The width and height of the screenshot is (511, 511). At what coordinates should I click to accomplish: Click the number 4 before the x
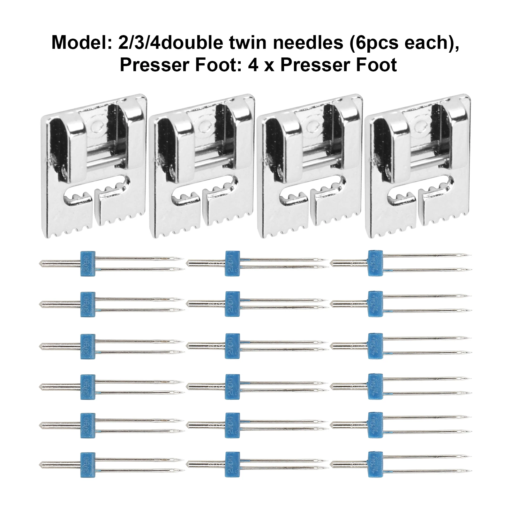[253, 65]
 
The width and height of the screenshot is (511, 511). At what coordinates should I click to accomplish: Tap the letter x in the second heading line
[269, 65]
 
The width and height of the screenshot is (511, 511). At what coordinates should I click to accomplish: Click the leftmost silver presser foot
[94, 166]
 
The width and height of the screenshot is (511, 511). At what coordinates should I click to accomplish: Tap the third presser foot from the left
[310, 166]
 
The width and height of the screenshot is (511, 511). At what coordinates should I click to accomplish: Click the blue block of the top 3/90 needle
[88, 264]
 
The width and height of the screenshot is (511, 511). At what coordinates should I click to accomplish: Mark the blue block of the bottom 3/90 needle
[88, 465]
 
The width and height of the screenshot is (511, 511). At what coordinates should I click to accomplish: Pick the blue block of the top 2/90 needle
[232, 263]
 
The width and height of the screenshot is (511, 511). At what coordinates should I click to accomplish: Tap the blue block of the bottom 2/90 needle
[232, 464]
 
